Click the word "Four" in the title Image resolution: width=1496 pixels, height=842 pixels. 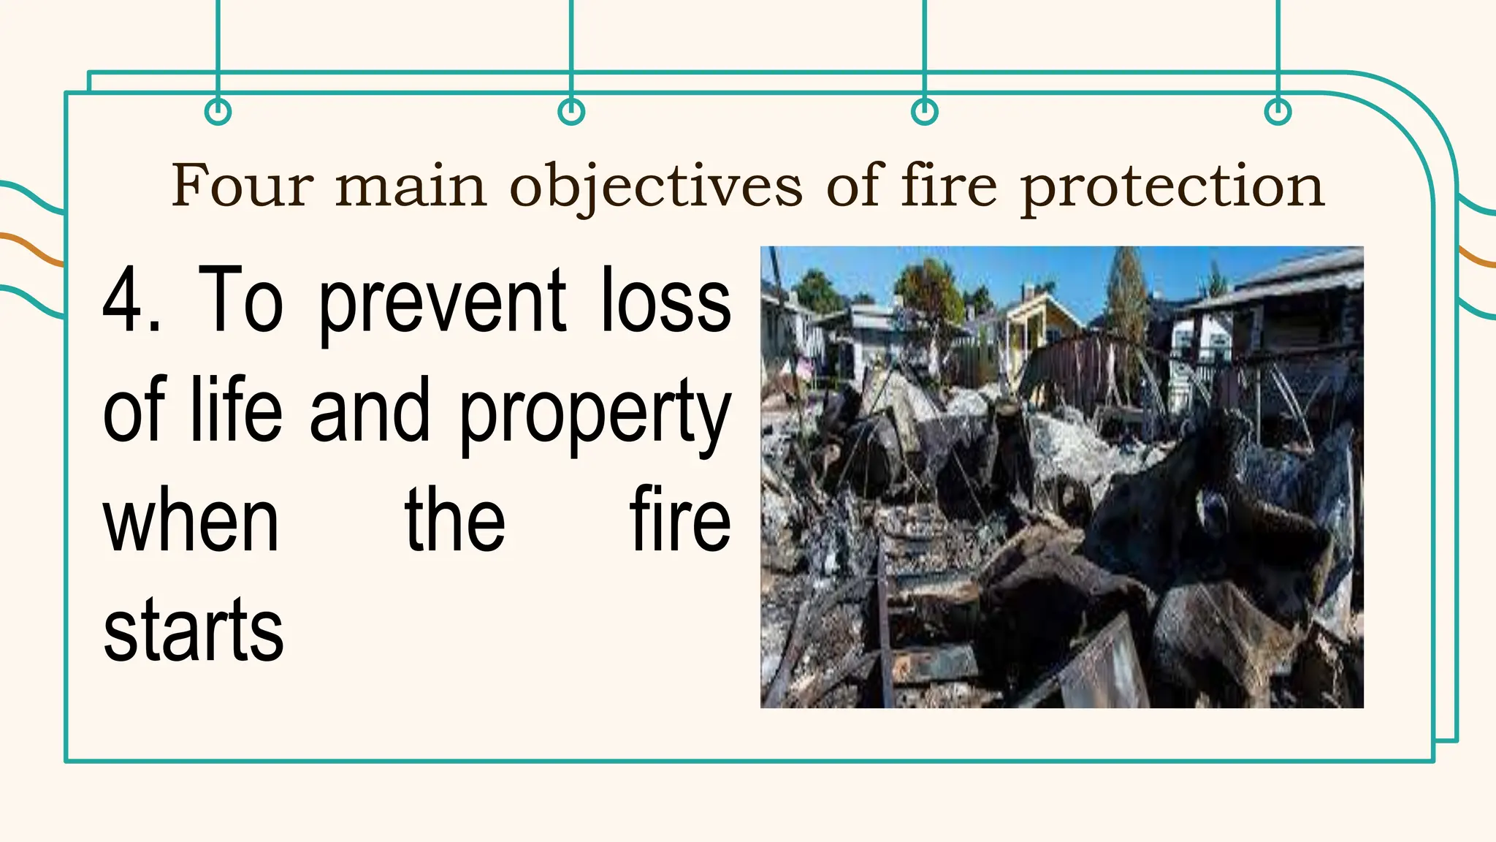point(243,186)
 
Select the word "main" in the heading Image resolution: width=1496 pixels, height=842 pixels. point(411,186)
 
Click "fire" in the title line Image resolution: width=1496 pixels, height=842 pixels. point(948,186)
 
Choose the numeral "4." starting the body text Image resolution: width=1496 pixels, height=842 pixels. point(131,300)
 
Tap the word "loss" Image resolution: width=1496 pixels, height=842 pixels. point(665,300)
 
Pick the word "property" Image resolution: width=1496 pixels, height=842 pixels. point(595,413)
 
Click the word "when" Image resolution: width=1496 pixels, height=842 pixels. point(191,520)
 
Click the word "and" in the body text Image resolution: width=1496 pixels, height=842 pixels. point(370,409)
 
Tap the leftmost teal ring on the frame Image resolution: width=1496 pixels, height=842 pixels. point(218,112)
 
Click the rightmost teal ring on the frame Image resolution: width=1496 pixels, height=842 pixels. point(1278,112)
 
